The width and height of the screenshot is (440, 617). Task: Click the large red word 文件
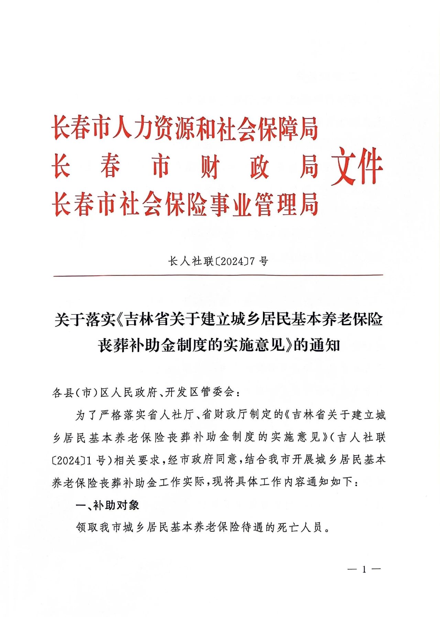click(x=356, y=166)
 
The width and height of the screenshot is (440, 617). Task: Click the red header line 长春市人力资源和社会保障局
click(x=185, y=128)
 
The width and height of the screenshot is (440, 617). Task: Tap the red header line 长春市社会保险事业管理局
click(x=185, y=204)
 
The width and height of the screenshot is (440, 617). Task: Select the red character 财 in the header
click(x=210, y=167)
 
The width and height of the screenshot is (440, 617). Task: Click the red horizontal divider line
click(x=218, y=275)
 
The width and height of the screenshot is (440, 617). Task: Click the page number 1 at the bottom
click(x=364, y=570)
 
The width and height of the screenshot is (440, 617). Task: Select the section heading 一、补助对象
click(x=107, y=505)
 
